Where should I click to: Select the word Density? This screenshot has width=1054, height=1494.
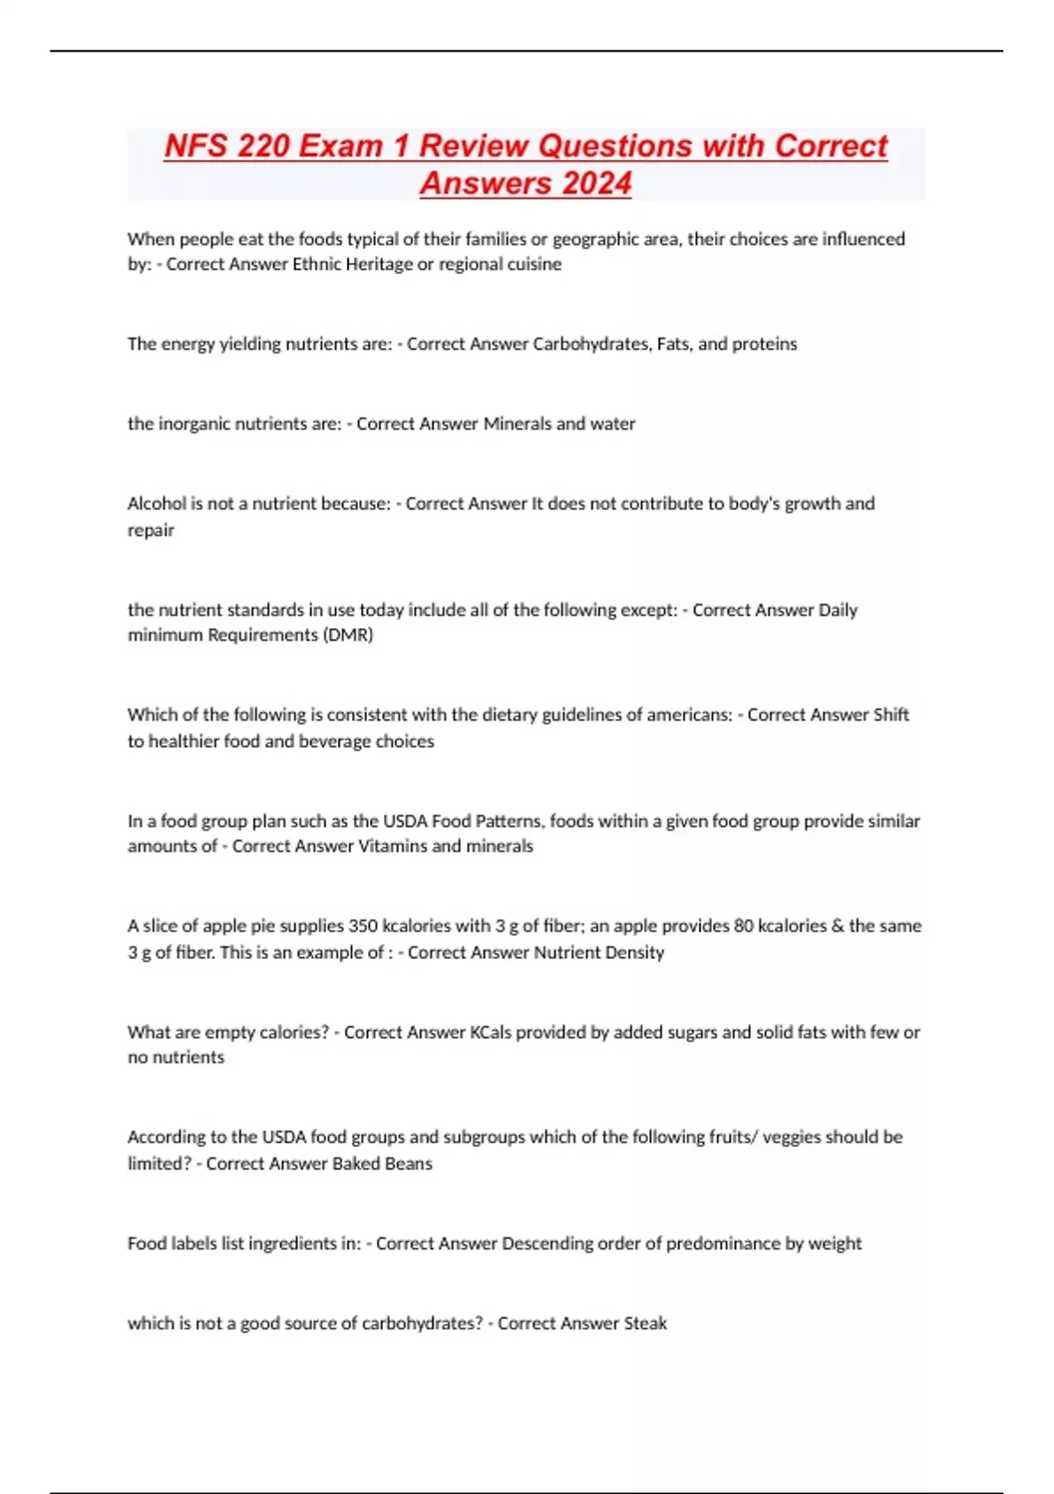[635, 953]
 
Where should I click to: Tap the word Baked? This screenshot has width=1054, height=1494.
[334, 1164]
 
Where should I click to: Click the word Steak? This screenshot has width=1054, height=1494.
[645, 1324]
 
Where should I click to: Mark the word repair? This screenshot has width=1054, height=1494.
[151, 531]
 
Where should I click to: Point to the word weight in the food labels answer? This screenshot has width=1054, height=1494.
[835, 1244]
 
